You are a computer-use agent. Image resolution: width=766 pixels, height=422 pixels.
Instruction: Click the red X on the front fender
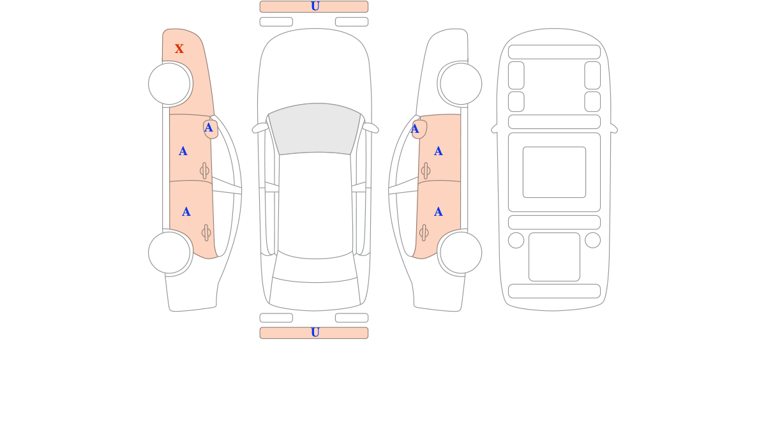click(x=179, y=49)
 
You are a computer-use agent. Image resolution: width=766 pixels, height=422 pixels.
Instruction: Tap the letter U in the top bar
click(x=315, y=6)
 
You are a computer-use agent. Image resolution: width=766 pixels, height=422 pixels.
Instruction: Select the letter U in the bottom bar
click(x=315, y=332)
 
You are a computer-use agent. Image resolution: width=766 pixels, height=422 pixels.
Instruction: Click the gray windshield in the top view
click(x=315, y=128)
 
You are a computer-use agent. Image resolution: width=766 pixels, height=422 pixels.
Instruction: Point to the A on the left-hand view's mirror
click(x=209, y=128)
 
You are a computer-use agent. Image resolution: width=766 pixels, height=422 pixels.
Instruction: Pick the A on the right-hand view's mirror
click(x=415, y=129)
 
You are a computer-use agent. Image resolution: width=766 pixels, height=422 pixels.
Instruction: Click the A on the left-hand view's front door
click(x=183, y=151)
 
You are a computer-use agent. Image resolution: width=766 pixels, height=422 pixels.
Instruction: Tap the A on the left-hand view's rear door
click(x=186, y=212)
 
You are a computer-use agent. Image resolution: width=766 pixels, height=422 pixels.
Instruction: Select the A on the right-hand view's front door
click(x=439, y=151)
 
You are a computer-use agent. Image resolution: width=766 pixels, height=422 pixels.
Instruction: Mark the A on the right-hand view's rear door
click(x=439, y=212)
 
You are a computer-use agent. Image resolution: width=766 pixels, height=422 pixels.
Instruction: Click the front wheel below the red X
click(x=169, y=84)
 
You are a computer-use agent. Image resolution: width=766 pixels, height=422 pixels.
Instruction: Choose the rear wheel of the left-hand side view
click(x=169, y=253)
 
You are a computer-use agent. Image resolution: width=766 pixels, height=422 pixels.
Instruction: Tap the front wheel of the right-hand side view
click(x=461, y=84)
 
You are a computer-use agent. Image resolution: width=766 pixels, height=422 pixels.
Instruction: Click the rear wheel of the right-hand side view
click(x=461, y=253)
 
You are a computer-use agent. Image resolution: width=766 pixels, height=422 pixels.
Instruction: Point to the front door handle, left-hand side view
click(x=204, y=170)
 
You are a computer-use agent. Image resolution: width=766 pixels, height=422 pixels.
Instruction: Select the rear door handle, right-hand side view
click(x=424, y=233)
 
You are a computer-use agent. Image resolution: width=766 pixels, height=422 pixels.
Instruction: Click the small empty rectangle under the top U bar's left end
click(x=276, y=22)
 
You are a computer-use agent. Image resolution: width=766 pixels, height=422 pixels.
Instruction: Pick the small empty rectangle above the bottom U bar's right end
click(x=352, y=318)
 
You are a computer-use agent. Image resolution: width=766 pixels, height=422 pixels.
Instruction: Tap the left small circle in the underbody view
click(x=516, y=240)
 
